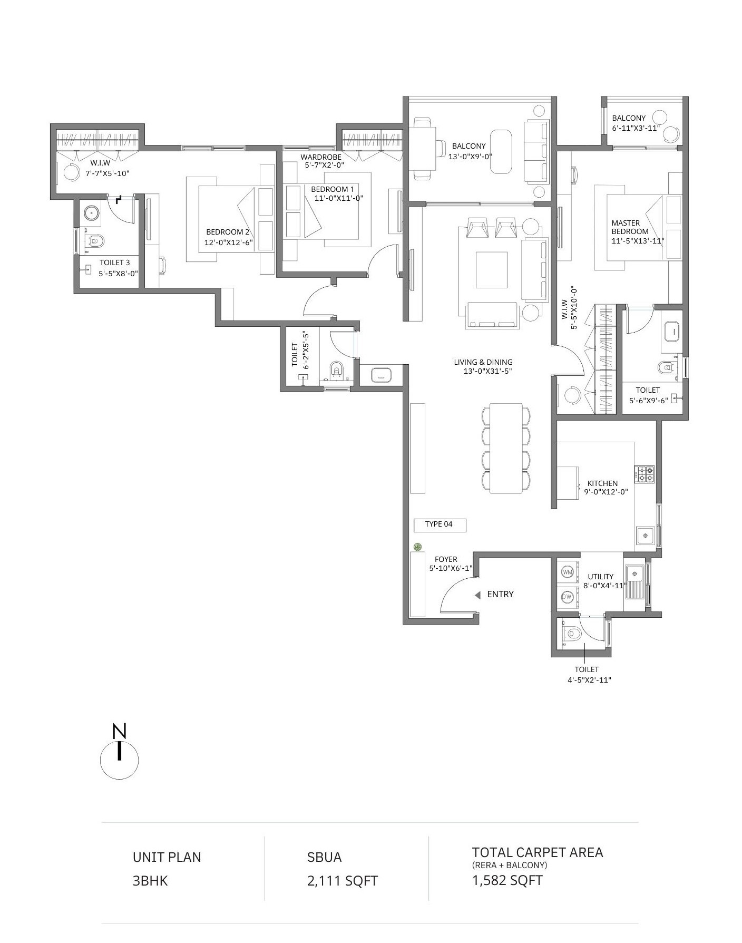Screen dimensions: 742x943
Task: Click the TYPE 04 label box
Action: (440, 524)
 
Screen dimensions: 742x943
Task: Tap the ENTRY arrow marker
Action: (477, 595)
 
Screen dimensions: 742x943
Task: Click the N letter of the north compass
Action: (120, 732)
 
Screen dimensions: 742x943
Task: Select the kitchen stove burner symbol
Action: (645, 474)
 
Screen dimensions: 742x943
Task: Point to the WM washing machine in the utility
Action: (568, 572)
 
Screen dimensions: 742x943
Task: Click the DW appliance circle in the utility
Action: (567, 597)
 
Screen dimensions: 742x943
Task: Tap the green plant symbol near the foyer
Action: (418, 547)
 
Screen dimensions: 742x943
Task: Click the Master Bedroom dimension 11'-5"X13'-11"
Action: (638, 241)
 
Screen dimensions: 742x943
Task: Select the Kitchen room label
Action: (603, 483)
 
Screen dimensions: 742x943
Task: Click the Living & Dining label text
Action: (483, 362)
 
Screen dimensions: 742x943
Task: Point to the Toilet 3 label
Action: (115, 263)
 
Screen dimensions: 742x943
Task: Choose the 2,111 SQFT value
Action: (343, 881)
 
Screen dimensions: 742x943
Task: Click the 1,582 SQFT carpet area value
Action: (507, 880)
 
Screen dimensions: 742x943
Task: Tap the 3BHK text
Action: (150, 881)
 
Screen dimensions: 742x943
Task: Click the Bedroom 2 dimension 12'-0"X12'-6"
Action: (229, 242)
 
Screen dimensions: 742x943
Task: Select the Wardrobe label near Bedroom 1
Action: (321, 157)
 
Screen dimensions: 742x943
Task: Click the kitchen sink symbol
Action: (645, 536)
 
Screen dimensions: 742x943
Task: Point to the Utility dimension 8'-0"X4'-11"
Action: (604, 585)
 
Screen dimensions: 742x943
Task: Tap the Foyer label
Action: (446, 559)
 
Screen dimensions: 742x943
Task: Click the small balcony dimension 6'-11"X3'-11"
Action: (636, 128)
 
